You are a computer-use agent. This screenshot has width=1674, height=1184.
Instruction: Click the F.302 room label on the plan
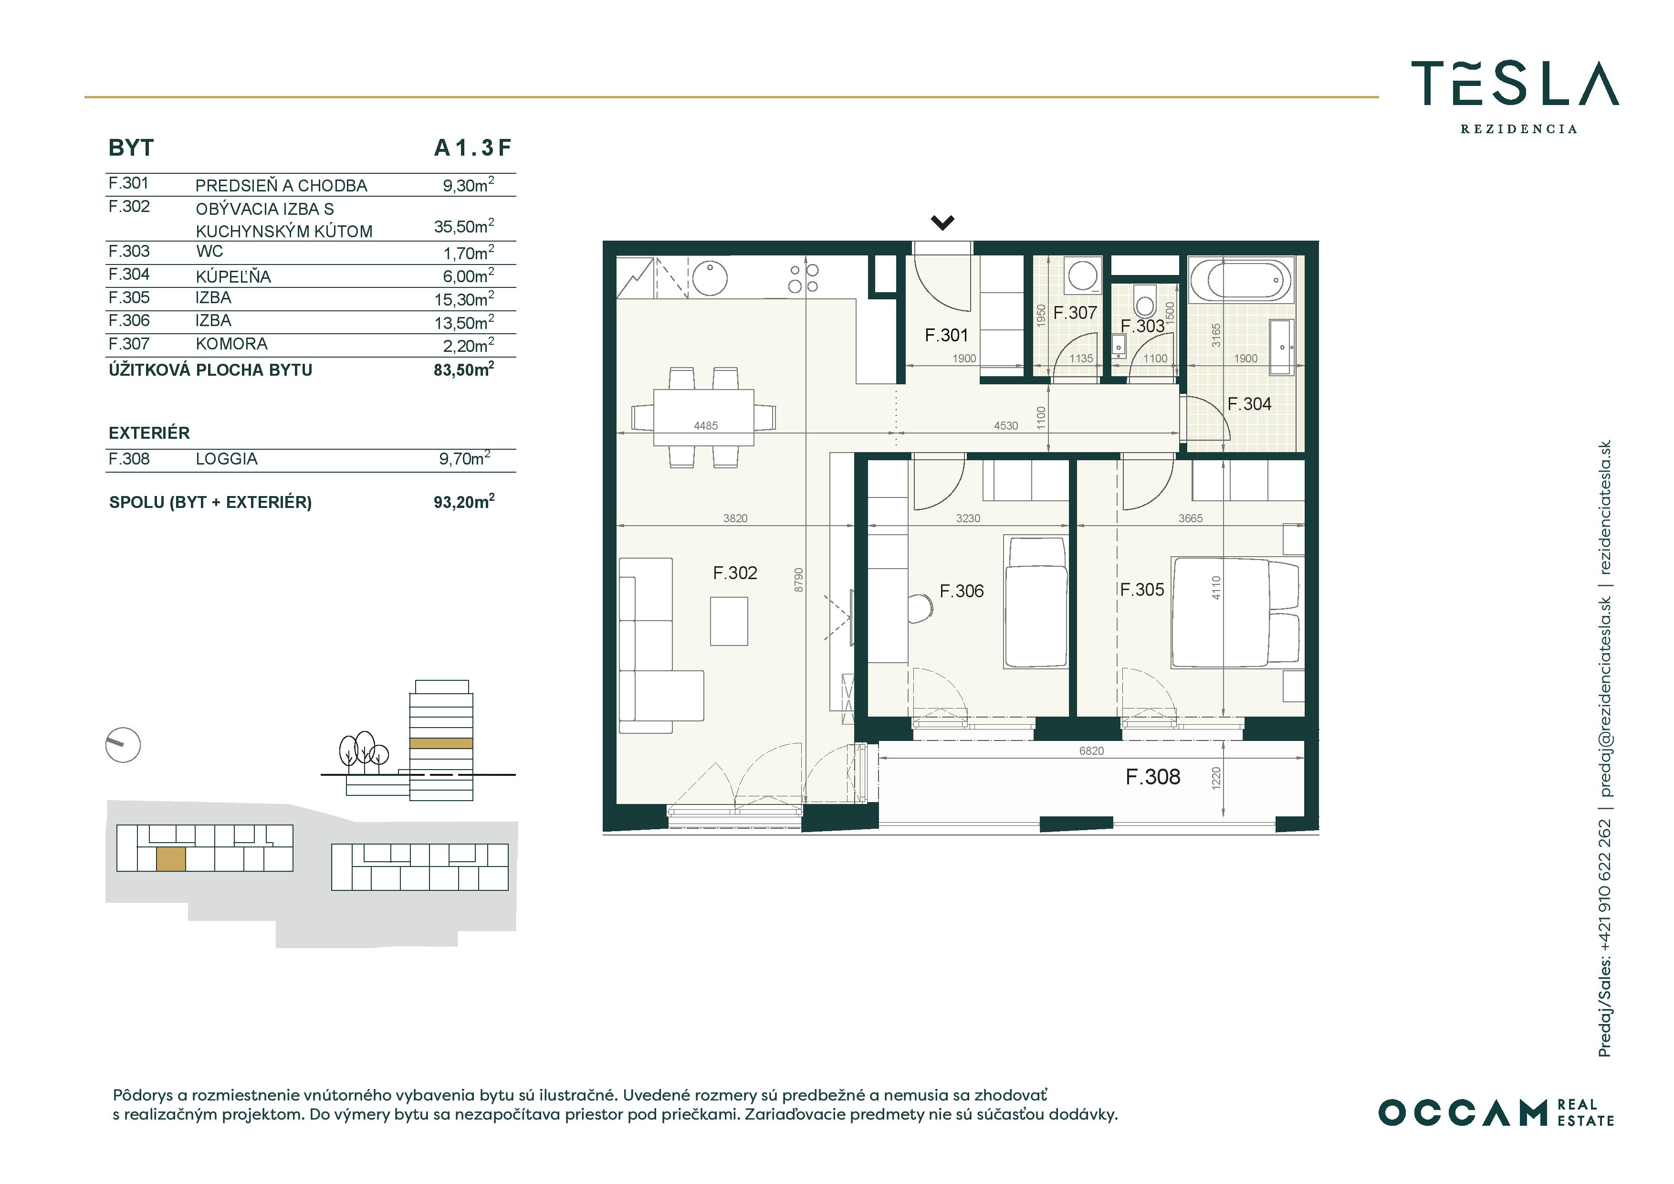735,573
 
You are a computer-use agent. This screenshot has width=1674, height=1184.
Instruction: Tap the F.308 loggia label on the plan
1153,777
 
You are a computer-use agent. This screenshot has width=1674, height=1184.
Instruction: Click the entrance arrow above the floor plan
943,222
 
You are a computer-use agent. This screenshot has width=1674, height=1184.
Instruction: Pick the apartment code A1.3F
472,148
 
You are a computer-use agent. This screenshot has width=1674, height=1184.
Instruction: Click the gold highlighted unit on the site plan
171,859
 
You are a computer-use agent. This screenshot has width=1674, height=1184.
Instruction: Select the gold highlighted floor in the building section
441,743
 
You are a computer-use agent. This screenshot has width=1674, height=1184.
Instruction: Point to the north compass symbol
123,745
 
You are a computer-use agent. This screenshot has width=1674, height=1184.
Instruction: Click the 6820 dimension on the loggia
1091,751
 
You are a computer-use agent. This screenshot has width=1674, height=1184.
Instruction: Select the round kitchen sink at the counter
710,278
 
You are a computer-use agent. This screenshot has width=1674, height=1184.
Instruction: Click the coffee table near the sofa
729,622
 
